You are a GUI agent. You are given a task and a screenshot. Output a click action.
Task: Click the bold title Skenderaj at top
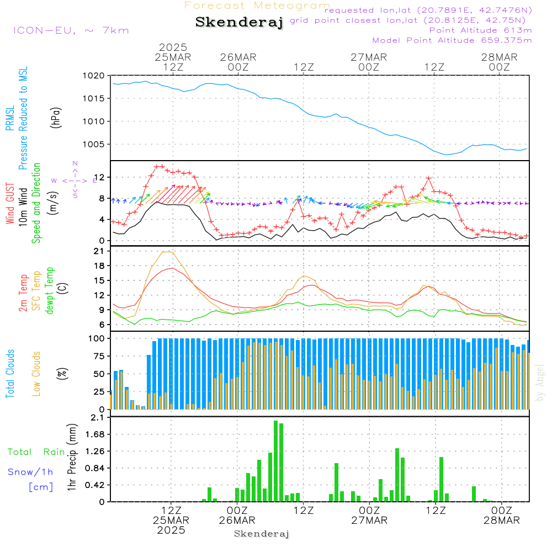click(239, 23)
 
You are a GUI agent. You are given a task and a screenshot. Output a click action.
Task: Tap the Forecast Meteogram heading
click(257, 6)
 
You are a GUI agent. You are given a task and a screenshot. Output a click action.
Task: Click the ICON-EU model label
click(71, 30)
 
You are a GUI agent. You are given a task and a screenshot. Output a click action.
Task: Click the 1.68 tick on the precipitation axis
click(96, 434)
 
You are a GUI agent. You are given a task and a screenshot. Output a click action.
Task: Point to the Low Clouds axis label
click(37, 374)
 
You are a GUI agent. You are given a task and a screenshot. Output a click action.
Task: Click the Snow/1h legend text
click(31, 472)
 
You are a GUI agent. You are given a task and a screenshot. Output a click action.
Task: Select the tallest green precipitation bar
click(275, 461)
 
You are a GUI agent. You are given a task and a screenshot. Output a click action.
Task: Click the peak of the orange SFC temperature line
click(166, 252)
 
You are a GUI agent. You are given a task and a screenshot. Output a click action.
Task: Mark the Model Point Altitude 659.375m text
click(452, 40)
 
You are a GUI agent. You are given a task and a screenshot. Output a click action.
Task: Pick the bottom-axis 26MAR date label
click(237, 521)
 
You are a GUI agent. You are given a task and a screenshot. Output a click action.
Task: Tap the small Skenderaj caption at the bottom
click(262, 534)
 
